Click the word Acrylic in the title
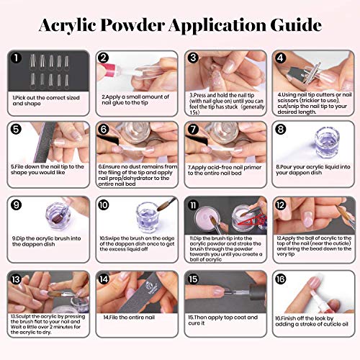(x=75, y=24)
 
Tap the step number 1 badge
(x=17, y=58)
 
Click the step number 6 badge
(x=105, y=130)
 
